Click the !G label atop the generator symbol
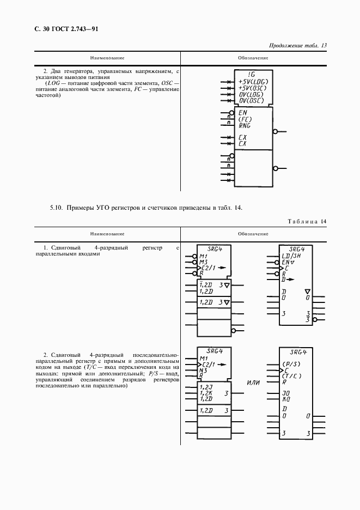pos(251,74)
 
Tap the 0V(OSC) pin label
pos(251,100)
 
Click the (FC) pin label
pos(245,119)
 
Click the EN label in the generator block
pos(243,112)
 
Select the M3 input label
pos(204,262)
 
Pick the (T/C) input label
pos(291,376)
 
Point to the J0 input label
pos(285,392)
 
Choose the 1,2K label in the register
pos(206,392)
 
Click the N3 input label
pos(204,370)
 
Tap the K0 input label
pos(285,398)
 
